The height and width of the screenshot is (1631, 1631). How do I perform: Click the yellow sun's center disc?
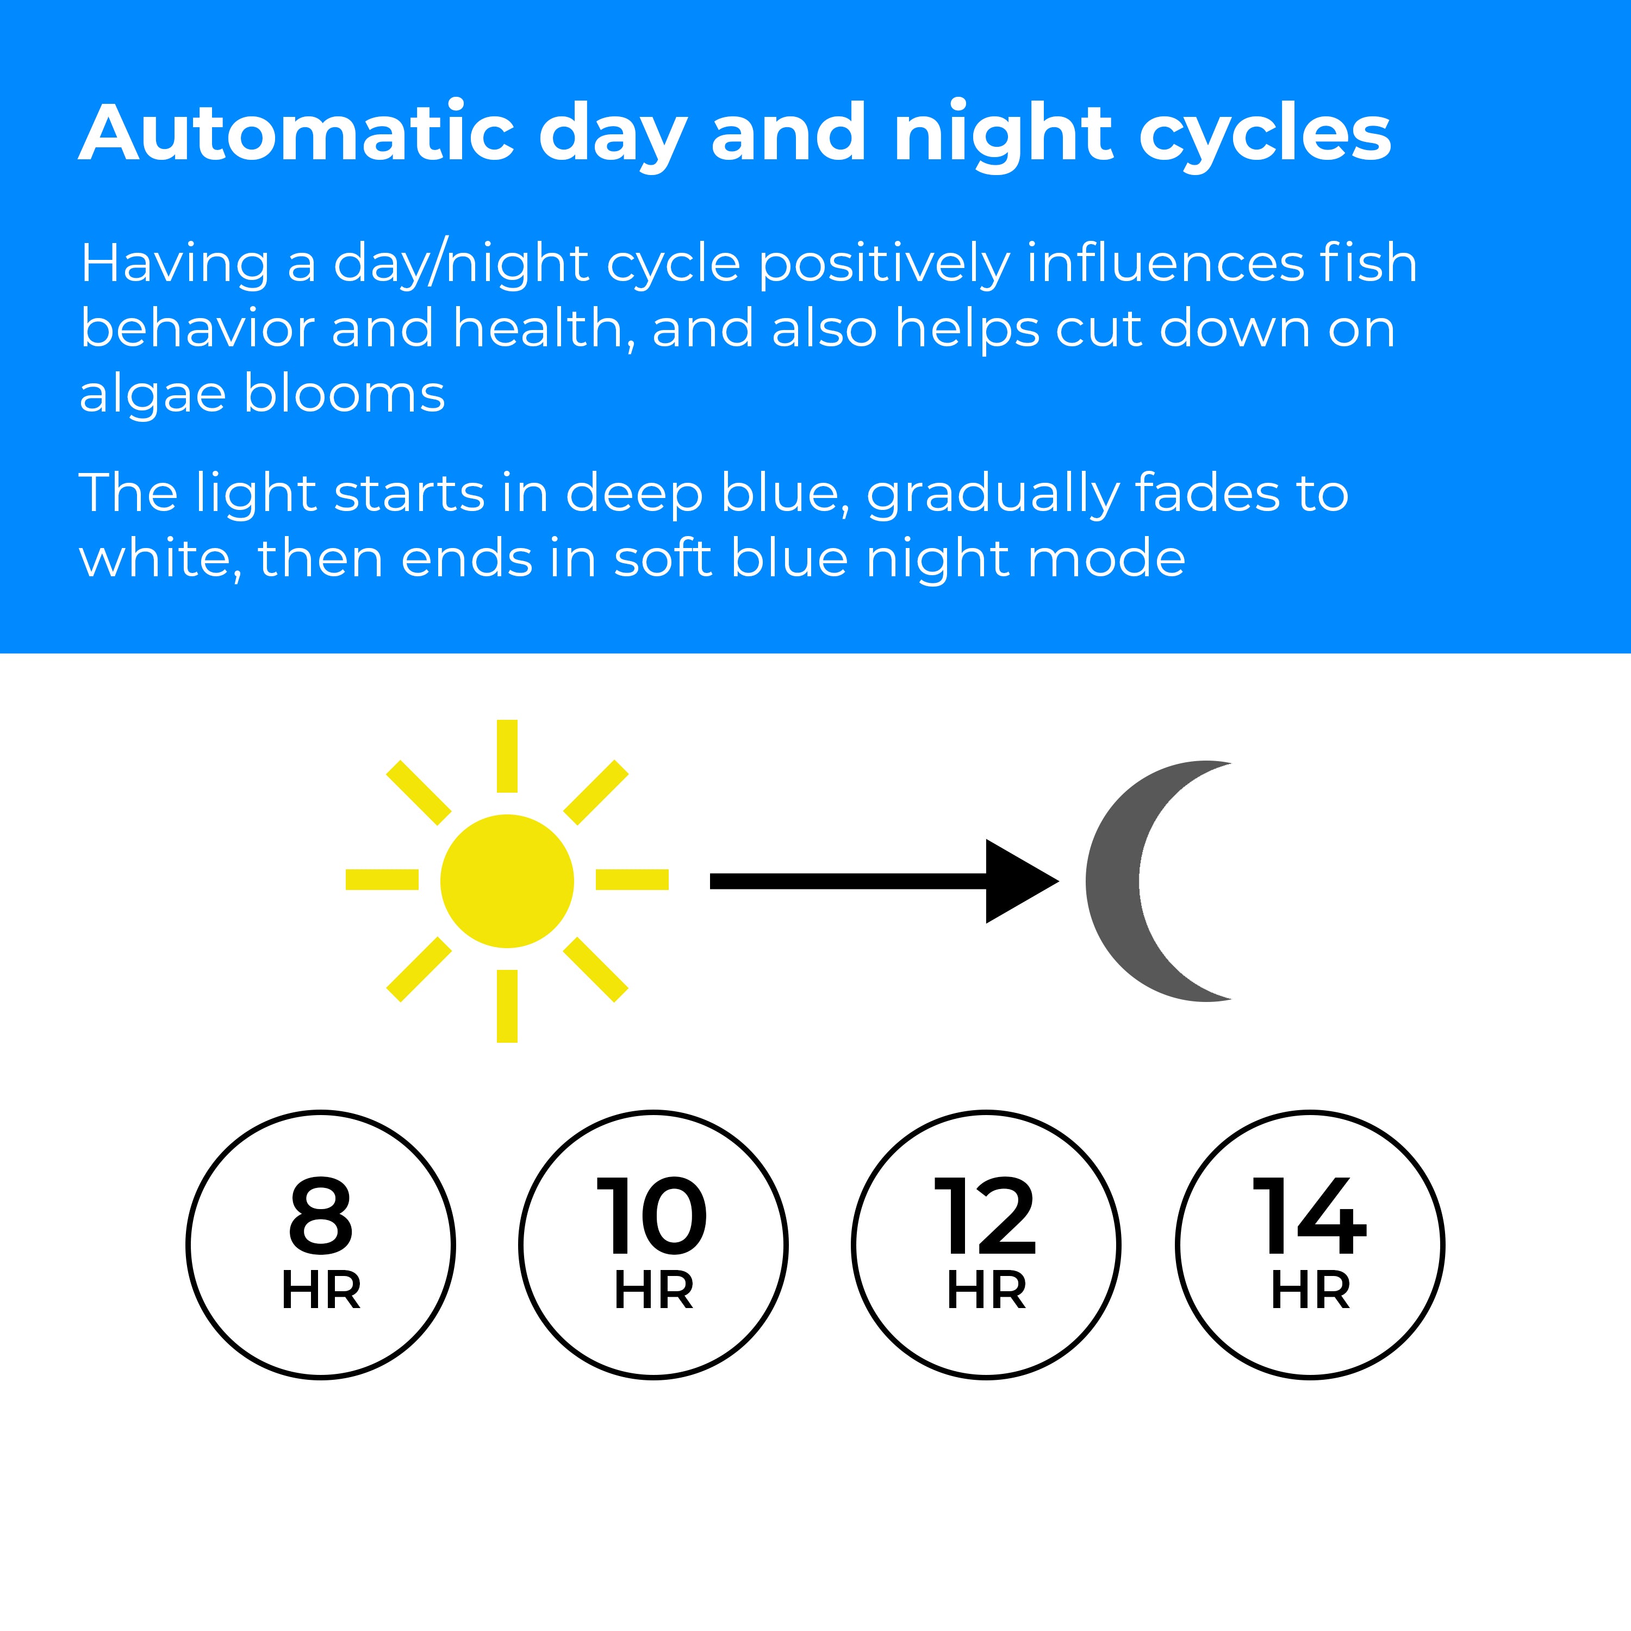[x=507, y=881]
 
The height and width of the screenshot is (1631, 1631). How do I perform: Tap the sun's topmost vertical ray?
[x=507, y=756]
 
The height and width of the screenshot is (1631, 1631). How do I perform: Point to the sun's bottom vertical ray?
[x=507, y=1006]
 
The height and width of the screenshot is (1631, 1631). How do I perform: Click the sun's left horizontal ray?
[x=382, y=880]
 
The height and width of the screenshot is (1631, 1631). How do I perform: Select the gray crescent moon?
[x=1113, y=881]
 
